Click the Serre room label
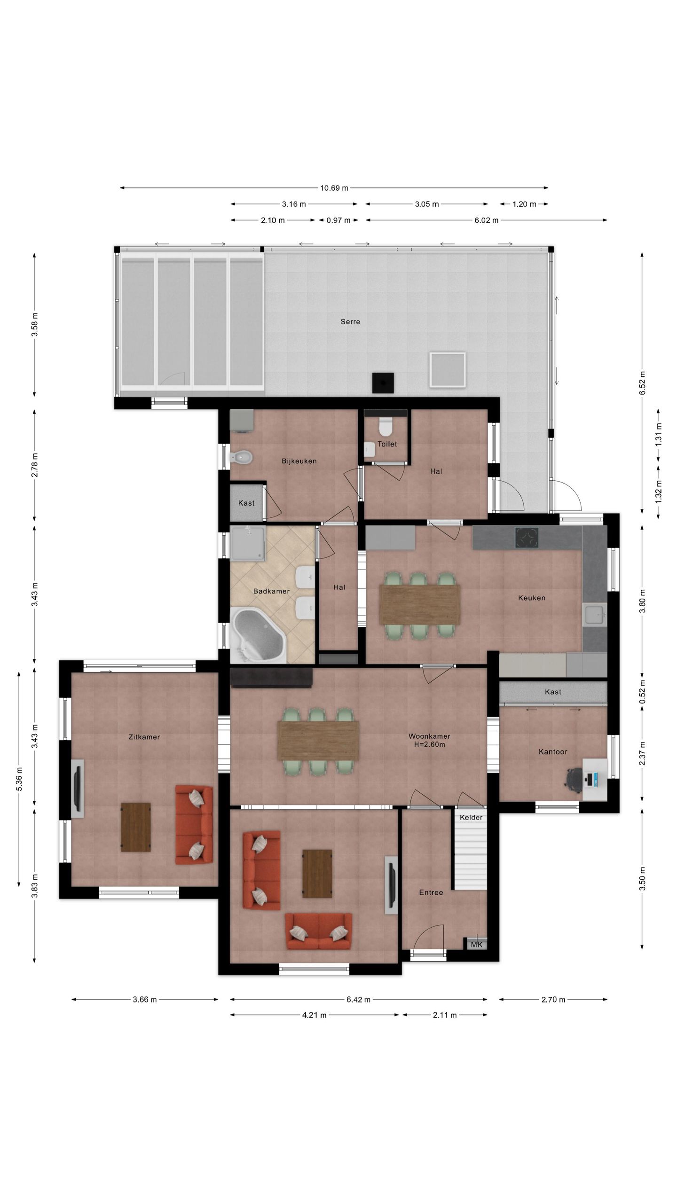point(350,322)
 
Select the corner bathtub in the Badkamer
point(259,635)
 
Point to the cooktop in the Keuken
point(527,538)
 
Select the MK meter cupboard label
point(477,945)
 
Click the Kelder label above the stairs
point(471,818)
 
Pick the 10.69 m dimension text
point(334,188)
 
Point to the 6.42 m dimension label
point(358,1000)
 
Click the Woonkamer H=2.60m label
point(429,741)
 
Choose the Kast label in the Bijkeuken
point(246,503)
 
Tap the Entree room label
point(431,892)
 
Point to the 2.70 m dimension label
point(553,1000)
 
